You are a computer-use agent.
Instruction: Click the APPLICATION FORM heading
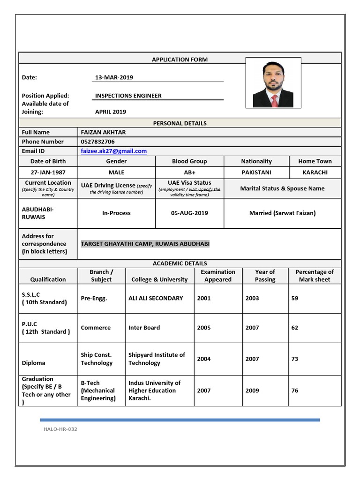tap(180, 60)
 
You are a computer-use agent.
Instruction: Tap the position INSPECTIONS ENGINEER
tap(128, 96)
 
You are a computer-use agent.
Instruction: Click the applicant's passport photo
tap(273, 84)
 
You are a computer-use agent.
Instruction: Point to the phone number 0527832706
tap(97, 142)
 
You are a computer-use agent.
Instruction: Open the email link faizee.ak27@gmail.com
tap(114, 151)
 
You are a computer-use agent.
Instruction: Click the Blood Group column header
tap(189, 161)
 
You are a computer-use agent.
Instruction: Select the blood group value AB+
tap(189, 172)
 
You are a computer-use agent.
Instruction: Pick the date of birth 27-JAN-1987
tap(48, 172)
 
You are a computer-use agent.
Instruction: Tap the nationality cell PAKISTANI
tap(256, 172)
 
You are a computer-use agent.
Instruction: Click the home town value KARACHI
tap(315, 172)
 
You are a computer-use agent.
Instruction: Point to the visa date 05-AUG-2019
tap(189, 213)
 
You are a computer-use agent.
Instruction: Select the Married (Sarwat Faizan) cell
tap(282, 213)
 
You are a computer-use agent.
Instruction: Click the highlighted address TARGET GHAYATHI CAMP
tap(145, 244)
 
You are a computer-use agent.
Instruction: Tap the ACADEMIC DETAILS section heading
tap(180, 263)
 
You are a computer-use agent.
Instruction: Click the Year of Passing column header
tap(265, 276)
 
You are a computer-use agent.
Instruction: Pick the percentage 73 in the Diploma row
tap(295, 359)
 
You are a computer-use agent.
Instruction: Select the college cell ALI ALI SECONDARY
tap(156, 298)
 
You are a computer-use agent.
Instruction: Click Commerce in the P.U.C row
tap(96, 328)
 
